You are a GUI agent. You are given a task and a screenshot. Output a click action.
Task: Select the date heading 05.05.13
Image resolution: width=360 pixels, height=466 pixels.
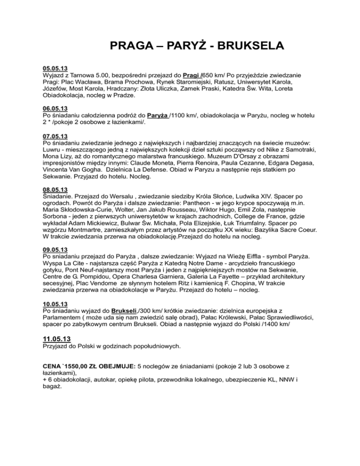[x=55, y=68]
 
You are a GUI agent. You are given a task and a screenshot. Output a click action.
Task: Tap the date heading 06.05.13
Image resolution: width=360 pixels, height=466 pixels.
[x=55, y=107]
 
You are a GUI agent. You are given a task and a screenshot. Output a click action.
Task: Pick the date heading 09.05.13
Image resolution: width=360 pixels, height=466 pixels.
[x=55, y=249]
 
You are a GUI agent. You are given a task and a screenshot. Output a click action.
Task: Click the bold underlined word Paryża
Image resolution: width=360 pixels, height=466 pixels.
[x=158, y=115]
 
